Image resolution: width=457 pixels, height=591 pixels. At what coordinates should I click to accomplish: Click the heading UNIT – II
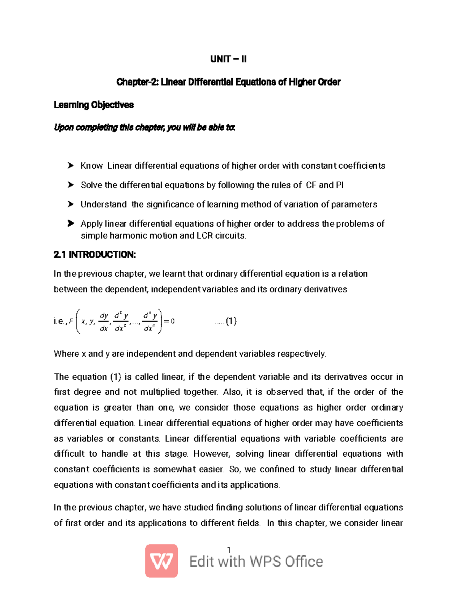click(x=228, y=59)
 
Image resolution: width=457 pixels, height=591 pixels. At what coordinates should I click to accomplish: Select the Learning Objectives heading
click(x=94, y=105)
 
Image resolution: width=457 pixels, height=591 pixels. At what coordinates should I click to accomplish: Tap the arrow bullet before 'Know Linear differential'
click(x=70, y=166)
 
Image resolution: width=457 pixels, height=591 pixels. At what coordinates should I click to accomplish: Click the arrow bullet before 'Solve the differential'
click(x=70, y=185)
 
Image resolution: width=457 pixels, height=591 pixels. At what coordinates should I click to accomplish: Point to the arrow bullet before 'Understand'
click(x=70, y=204)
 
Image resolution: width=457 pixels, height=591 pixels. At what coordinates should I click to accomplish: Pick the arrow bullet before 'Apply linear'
click(x=70, y=223)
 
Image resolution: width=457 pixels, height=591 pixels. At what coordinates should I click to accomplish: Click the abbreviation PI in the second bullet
click(x=339, y=185)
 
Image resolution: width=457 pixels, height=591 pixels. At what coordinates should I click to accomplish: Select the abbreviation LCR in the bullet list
click(x=205, y=236)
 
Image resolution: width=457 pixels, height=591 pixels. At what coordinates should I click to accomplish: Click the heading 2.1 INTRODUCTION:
click(x=95, y=255)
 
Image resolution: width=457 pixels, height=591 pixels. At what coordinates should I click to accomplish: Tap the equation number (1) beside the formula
click(x=231, y=321)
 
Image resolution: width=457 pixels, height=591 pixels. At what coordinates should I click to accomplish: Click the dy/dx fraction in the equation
click(x=104, y=322)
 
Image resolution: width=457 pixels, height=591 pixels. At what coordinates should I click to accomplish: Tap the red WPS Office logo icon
click(x=161, y=561)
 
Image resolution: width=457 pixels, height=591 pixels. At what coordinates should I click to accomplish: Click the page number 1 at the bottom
click(x=228, y=550)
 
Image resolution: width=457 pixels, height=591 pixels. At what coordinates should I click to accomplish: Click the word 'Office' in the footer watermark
click(x=304, y=562)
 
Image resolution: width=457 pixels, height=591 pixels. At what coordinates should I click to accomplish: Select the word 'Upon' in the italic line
click(x=64, y=127)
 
